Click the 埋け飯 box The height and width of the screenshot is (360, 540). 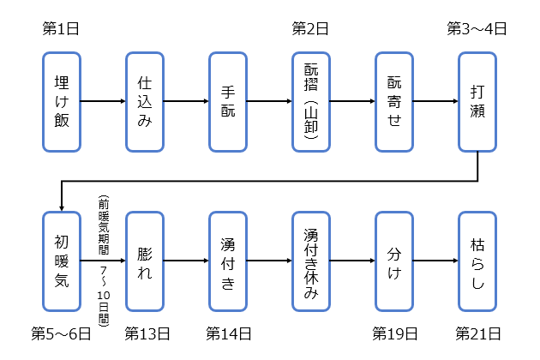tap(62, 100)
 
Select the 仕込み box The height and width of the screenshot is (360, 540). tap(145, 100)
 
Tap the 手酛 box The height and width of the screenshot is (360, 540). tap(228, 100)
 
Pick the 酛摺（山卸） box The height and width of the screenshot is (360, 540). tap(311, 100)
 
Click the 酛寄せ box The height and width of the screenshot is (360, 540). tap(394, 100)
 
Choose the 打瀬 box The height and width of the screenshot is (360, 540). tap(477, 100)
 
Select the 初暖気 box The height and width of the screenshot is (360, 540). tap(62, 261)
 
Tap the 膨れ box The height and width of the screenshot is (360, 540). tap(145, 261)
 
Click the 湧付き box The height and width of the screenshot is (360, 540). tap(228, 261)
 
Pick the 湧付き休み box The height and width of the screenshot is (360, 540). tap(311, 261)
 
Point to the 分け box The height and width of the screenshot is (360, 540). tap(394, 261)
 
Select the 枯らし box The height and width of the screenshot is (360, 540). tap(477, 261)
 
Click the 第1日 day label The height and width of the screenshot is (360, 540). tap(61, 28)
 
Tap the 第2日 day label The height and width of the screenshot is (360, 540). tap(310, 28)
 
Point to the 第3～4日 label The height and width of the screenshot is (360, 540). tap(477, 28)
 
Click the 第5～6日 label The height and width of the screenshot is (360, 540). tap(61, 332)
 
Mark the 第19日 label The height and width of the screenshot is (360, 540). tap(395, 332)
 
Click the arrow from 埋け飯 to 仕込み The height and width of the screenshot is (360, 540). tap(103, 100)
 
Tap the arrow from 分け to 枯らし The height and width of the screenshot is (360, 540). tap(435, 261)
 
